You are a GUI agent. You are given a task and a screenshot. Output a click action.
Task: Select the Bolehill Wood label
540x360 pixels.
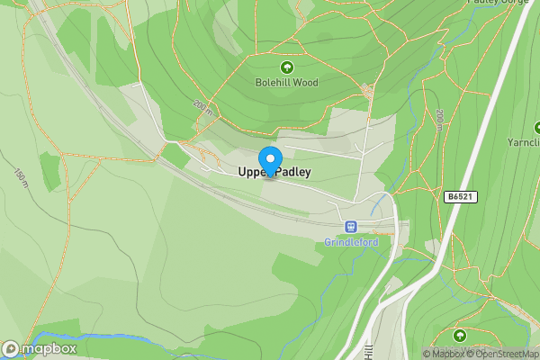(x=287, y=83)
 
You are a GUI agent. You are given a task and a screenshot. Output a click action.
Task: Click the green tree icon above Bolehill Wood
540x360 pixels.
(x=287, y=67)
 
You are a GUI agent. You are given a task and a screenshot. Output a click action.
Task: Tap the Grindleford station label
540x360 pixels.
(x=350, y=242)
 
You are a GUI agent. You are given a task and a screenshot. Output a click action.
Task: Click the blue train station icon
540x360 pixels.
(x=350, y=227)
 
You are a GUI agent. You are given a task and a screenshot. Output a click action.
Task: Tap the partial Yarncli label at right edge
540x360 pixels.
(x=524, y=142)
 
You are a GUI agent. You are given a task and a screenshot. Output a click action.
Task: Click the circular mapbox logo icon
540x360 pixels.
(x=11, y=348)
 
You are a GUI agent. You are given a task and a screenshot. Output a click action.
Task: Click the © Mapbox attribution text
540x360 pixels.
(x=447, y=354)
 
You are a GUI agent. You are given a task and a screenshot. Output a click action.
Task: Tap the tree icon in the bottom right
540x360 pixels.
(x=460, y=336)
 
